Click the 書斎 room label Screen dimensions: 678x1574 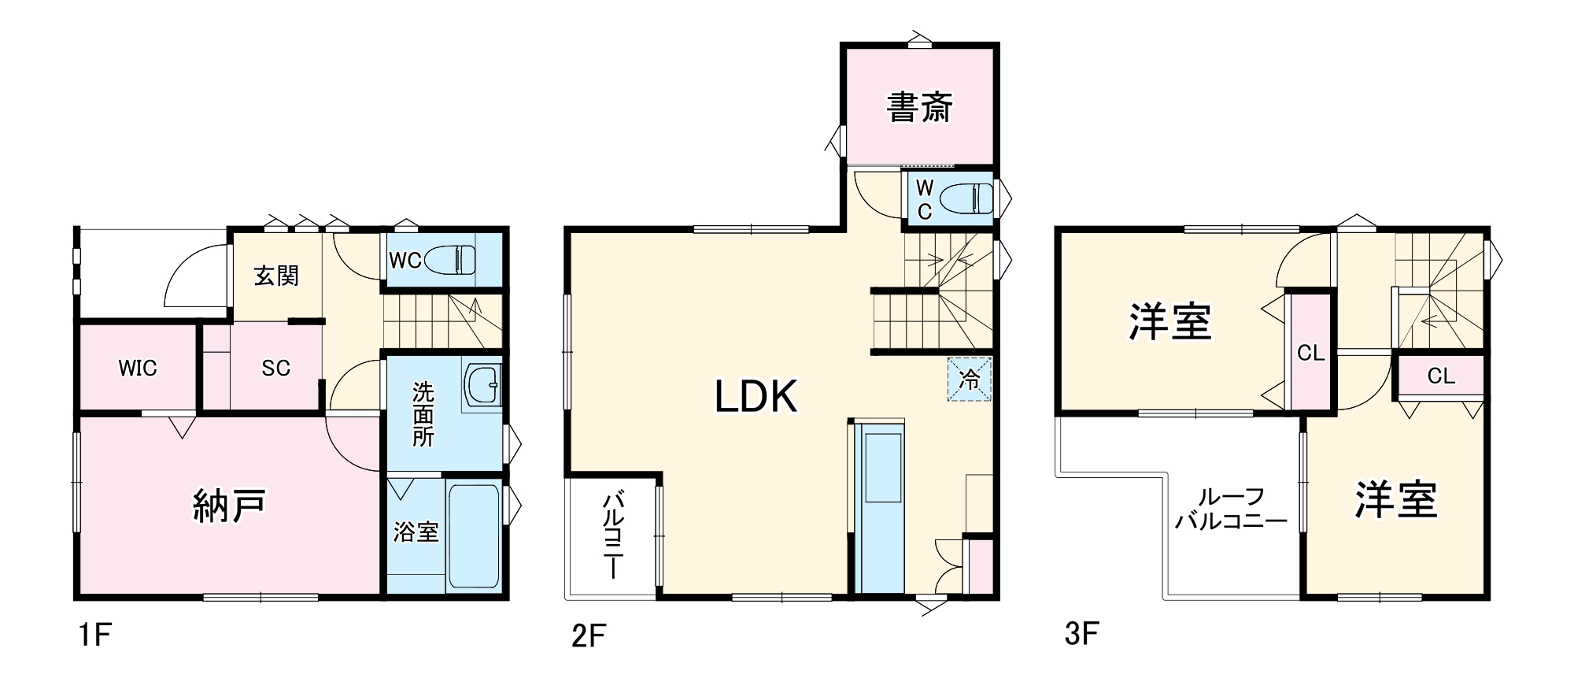click(919, 108)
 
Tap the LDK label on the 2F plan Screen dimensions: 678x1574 click(756, 396)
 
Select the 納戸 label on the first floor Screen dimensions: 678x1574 click(229, 505)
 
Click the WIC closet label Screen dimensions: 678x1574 click(138, 368)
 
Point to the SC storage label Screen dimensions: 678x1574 click(276, 368)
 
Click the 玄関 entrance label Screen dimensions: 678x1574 click(276, 276)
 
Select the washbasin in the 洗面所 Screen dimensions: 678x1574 click(482, 385)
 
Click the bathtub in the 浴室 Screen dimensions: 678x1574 click(473, 536)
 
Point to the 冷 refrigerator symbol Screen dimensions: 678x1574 click(970, 380)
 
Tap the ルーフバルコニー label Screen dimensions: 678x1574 click(1231, 509)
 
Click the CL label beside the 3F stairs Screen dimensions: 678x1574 click(1441, 376)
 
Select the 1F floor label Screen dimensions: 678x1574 click(94, 635)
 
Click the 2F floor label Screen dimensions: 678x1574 click(589, 635)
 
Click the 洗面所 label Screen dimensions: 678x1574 click(423, 414)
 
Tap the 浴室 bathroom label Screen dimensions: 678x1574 click(416, 532)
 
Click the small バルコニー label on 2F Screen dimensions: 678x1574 click(614, 535)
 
